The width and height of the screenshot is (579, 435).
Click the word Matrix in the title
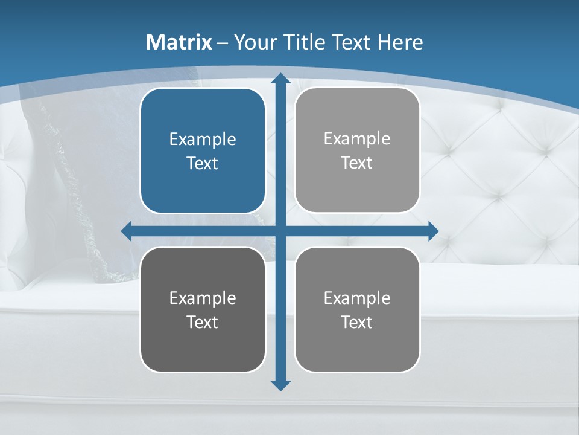tap(179, 42)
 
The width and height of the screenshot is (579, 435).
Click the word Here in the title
tap(400, 42)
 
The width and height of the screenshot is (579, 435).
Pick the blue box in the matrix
tap(203, 150)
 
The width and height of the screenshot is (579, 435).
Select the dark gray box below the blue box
tap(203, 309)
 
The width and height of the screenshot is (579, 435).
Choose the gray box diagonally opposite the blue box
tap(357, 309)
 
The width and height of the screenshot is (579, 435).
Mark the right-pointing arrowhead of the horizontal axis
tap(432, 231)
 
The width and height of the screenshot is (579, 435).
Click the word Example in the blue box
tap(203, 140)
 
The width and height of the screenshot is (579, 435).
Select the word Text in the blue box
tap(203, 164)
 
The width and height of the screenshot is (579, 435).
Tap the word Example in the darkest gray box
tap(203, 298)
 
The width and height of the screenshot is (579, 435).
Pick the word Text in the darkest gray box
tap(203, 323)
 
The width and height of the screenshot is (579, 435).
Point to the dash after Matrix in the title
tap(223, 43)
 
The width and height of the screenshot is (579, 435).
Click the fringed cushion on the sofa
tap(66, 181)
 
